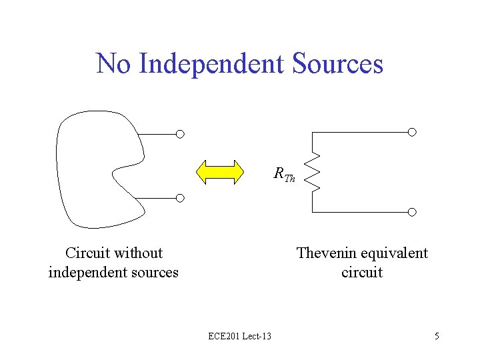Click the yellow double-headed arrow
(220, 171)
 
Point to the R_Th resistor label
(284, 175)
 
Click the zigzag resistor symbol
(314, 172)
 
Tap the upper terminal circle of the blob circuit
(180, 134)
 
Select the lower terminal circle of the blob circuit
(180, 198)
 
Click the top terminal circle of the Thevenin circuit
(412, 132)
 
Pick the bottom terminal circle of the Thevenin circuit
(412, 212)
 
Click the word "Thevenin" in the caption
(323, 253)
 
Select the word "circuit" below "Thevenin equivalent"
(362, 272)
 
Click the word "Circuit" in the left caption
(87, 253)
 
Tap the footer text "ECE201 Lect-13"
(239, 336)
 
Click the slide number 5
(437, 336)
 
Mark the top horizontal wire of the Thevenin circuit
(360, 132)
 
